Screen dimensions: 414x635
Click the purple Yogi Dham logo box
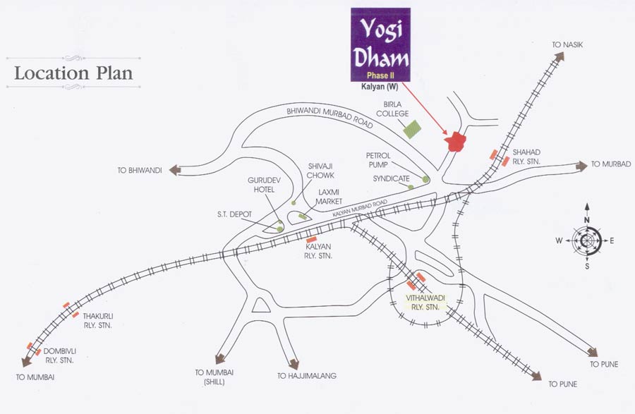tap(380, 44)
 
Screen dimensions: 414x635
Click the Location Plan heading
tap(73, 73)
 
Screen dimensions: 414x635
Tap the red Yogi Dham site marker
tap(457, 141)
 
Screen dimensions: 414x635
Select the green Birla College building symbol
tap(411, 129)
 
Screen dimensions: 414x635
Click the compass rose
tap(587, 240)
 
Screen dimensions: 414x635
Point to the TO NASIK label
tap(567, 45)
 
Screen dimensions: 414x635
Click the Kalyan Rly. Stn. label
tap(319, 252)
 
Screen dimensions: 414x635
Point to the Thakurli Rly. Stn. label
tap(98, 321)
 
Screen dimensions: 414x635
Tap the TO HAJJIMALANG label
tap(307, 376)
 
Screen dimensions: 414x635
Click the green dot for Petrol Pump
tap(425, 179)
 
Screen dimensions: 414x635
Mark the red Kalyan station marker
tap(310, 240)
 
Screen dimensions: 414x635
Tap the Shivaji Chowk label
tap(320, 171)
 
